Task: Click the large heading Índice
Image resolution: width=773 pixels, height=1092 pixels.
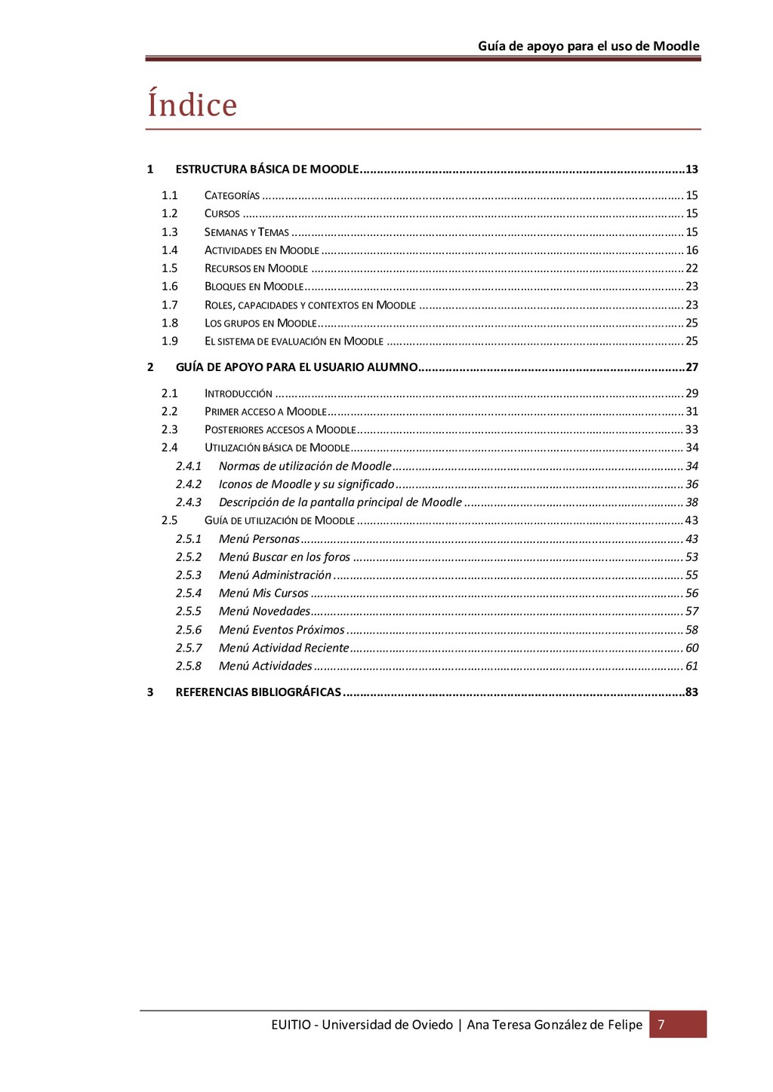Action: click(x=192, y=104)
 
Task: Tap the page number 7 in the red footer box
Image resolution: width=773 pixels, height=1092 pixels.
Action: click(x=661, y=1024)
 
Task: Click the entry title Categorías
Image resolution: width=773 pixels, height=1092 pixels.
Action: click(x=232, y=195)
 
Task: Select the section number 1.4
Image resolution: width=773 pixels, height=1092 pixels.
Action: click(x=169, y=250)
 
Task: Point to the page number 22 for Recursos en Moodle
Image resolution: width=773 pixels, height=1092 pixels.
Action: click(x=691, y=268)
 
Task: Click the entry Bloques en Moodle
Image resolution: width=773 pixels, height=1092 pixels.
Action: click(x=254, y=287)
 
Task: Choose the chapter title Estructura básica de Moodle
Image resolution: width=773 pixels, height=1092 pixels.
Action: click(x=267, y=169)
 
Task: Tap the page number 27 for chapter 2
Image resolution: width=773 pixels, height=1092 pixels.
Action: click(x=691, y=367)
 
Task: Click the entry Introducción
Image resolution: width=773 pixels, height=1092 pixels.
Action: click(x=238, y=394)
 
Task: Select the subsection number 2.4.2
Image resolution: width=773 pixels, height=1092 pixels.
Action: click(x=189, y=484)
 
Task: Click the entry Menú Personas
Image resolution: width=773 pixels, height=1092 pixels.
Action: click(x=259, y=539)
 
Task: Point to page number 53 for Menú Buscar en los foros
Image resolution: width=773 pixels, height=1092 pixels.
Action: click(x=691, y=557)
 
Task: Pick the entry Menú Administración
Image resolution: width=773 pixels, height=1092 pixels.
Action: click(x=275, y=575)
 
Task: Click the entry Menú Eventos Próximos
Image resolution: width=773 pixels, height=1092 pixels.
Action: click(x=282, y=630)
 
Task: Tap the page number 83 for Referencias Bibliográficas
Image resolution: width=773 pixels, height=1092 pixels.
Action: click(x=691, y=692)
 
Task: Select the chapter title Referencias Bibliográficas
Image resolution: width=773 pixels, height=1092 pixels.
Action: click(x=258, y=692)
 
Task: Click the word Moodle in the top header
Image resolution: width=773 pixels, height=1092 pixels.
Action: click(x=676, y=46)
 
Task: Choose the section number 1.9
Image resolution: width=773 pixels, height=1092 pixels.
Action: click(x=169, y=342)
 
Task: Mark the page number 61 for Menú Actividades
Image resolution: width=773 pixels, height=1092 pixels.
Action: click(x=691, y=666)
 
